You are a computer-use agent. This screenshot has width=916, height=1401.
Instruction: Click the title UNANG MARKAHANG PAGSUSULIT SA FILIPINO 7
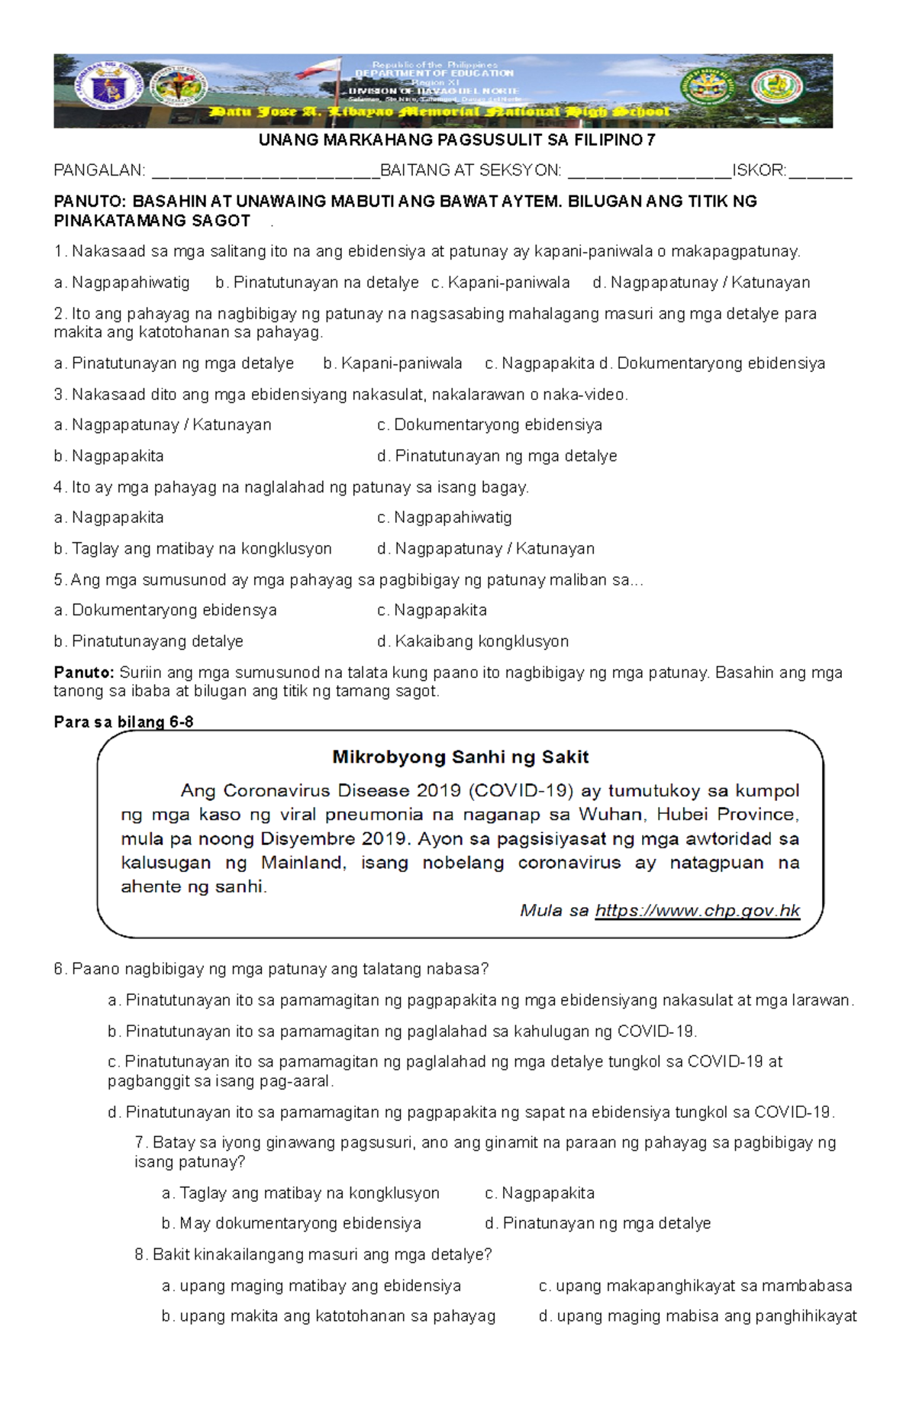click(456, 140)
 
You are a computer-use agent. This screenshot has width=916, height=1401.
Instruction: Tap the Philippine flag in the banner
click(321, 69)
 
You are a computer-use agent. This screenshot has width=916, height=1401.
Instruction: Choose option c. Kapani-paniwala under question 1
click(500, 282)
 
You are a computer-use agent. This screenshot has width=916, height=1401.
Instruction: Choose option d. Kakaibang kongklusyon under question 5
click(473, 641)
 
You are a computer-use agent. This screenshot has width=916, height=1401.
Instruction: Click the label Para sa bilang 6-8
click(123, 722)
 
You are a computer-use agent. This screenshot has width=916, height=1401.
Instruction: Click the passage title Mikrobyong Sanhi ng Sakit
click(460, 757)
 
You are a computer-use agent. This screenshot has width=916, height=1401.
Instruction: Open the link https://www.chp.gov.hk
click(697, 910)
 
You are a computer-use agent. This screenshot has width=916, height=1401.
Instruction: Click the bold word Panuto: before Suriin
click(83, 673)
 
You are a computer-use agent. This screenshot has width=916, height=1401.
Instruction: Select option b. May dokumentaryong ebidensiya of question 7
click(291, 1223)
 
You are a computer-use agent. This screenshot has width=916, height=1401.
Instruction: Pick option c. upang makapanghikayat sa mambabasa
click(695, 1286)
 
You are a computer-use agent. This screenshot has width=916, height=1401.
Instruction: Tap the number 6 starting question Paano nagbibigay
click(59, 970)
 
